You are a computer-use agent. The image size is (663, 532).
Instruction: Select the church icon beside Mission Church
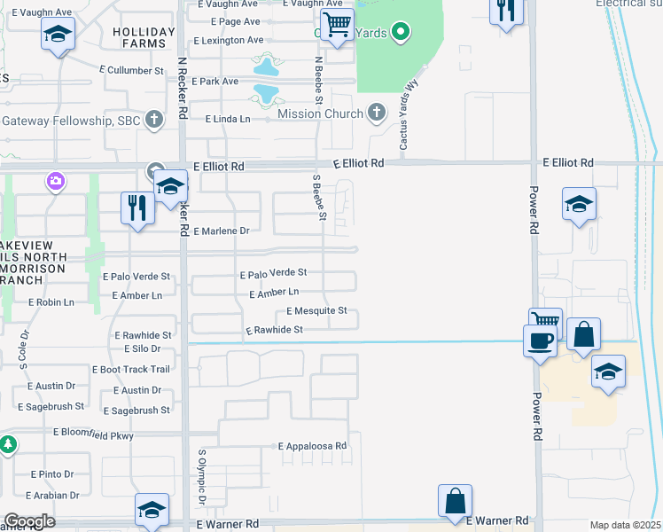(x=378, y=113)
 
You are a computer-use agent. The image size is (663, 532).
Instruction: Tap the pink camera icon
(x=56, y=182)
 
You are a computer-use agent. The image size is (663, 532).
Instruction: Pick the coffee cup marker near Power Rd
(x=540, y=341)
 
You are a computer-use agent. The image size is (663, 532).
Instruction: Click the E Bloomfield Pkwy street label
(x=93, y=434)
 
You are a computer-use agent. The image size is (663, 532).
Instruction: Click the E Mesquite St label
(x=316, y=311)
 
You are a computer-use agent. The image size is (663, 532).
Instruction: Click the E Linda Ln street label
(x=228, y=118)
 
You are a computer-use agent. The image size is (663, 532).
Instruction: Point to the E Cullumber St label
(x=135, y=70)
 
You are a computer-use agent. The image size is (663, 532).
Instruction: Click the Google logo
(x=28, y=521)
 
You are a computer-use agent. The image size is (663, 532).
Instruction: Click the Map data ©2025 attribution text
(x=625, y=526)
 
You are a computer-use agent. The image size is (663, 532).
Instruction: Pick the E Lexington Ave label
(x=228, y=41)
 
